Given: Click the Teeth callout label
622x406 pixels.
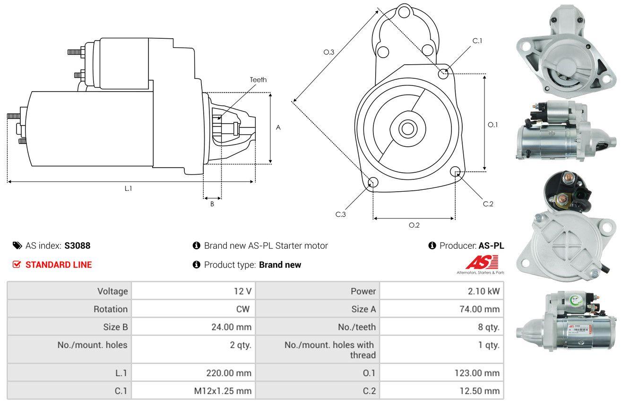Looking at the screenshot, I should coord(258,80).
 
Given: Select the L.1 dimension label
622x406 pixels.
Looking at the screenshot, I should coord(128,188).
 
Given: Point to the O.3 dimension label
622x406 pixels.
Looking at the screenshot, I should coord(329,52).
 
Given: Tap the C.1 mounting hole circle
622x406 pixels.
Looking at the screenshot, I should coord(443,74).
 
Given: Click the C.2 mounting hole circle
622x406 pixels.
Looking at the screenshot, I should coord(455,171).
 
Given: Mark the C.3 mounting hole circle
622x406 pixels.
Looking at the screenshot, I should coord(373,183).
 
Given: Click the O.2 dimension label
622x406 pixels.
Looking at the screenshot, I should coord(414,225).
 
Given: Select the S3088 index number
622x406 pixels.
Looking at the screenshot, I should coord(78,245).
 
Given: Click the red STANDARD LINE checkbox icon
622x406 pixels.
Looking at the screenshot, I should coord(17,265).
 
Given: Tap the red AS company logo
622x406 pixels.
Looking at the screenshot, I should coord(482,262).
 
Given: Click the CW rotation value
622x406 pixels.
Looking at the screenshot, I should coord(242,309).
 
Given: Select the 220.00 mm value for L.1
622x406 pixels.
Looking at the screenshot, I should coord(229,373).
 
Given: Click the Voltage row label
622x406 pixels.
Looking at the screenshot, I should coord(112,291).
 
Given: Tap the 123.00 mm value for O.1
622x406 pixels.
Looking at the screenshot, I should coord(477,373).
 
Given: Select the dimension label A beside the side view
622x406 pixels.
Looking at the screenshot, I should coord(278,127).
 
